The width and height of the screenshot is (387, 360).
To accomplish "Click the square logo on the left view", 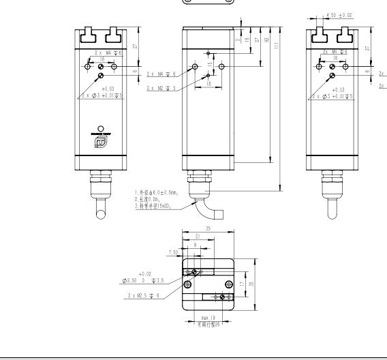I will point(102,141).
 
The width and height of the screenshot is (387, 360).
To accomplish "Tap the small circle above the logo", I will point(102,128).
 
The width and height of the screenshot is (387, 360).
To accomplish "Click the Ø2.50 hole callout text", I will point(139,280).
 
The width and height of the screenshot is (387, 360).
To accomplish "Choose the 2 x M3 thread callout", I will point(160,88).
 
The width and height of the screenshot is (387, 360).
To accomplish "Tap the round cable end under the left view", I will point(100,216).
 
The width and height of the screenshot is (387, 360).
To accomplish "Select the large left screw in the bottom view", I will point(187,283).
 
